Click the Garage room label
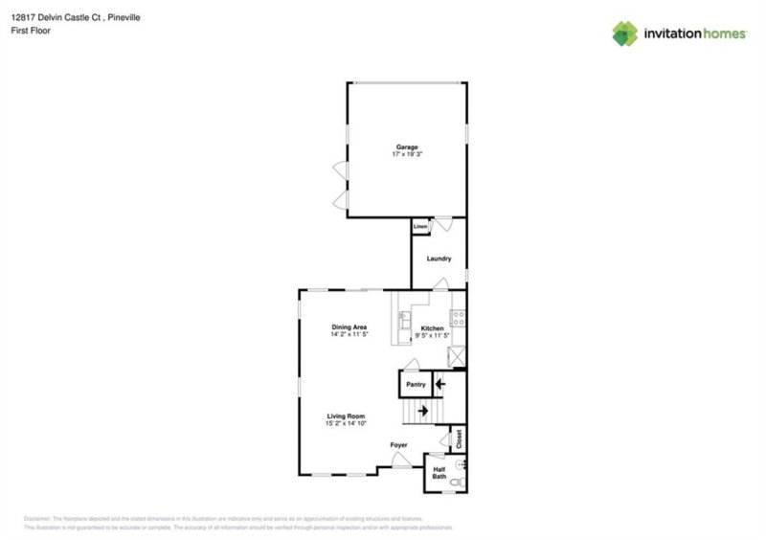[407, 146]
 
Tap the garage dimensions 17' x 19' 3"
[407, 154]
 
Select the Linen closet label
[419, 227]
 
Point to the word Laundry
[438, 259]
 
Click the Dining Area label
[349, 327]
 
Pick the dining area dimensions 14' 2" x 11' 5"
[349, 335]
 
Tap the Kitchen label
[433, 328]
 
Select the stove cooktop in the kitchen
[458, 317]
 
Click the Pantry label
[415, 385]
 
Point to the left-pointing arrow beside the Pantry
[439, 385]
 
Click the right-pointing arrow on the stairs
[421, 409]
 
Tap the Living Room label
[346, 416]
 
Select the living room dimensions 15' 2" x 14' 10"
[346, 423]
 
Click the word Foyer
[398, 445]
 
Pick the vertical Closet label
[459, 439]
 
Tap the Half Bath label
[439, 472]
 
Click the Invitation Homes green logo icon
[625, 34]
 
